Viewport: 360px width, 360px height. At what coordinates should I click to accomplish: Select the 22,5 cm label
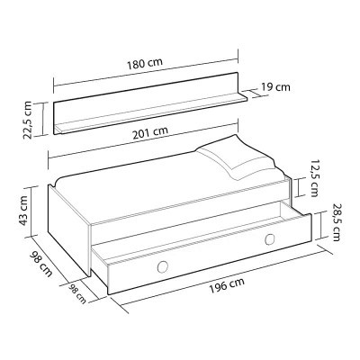(30, 120)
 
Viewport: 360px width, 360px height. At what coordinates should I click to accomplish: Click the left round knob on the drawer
(163, 265)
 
